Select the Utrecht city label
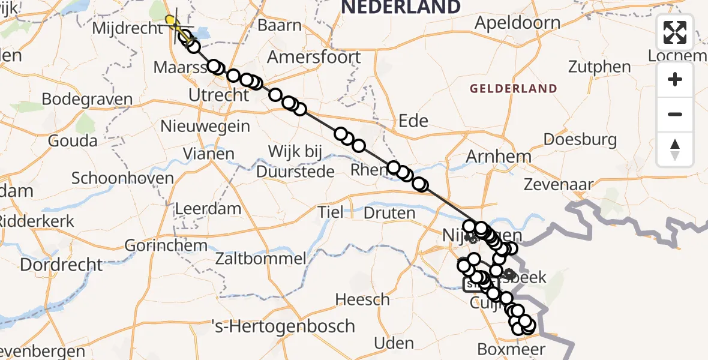click(x=218, y=95)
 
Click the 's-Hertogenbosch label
click(x=284, y=326)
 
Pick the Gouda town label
click(x=72, y=141)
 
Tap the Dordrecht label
click(x=62, y=264)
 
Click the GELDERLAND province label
click(x=513, y=89)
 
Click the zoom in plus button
click(x=675, y=79)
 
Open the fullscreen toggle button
click(x=675, y=32)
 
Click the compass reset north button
click(x=675, y=149)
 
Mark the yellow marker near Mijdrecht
click(x=171, y=22)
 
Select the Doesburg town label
click(x=580, y=140)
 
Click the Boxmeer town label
click(x=511, y=349)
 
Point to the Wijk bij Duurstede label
click(x=295, y=161)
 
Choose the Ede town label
click(x=413, y=121)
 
